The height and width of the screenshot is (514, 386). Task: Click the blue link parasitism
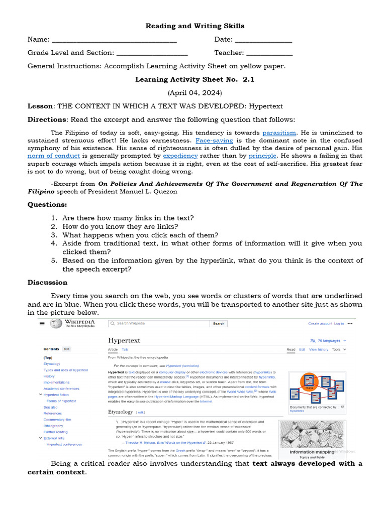279,133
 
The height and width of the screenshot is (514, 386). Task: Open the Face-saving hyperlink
214,141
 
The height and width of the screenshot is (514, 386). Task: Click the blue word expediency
180,156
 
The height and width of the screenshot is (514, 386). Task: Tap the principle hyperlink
263,156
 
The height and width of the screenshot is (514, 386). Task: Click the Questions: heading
47,204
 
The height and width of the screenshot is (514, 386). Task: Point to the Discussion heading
47,283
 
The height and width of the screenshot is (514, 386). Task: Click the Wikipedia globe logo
56,324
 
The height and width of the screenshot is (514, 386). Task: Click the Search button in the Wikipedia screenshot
219,324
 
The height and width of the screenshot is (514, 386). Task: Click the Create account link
320,324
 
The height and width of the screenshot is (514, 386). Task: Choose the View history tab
319,349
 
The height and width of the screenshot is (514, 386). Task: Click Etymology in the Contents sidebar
52,364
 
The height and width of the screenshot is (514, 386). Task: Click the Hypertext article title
124,340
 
